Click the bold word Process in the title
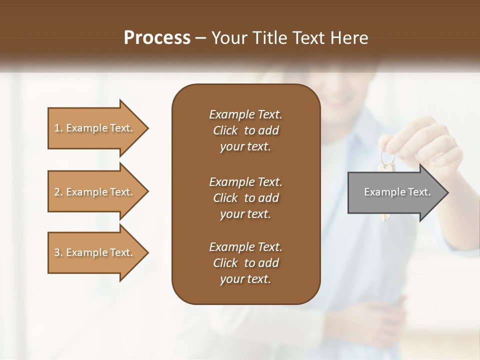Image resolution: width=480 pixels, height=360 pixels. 157,38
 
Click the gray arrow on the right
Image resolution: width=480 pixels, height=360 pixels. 395,192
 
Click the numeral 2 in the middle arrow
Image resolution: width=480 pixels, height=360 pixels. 57,192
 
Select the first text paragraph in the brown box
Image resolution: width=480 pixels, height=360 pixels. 245,130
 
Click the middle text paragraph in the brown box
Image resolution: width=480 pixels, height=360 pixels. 245,198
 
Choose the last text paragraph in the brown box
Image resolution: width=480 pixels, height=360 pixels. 245,263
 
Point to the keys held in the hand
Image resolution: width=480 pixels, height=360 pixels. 386,165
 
